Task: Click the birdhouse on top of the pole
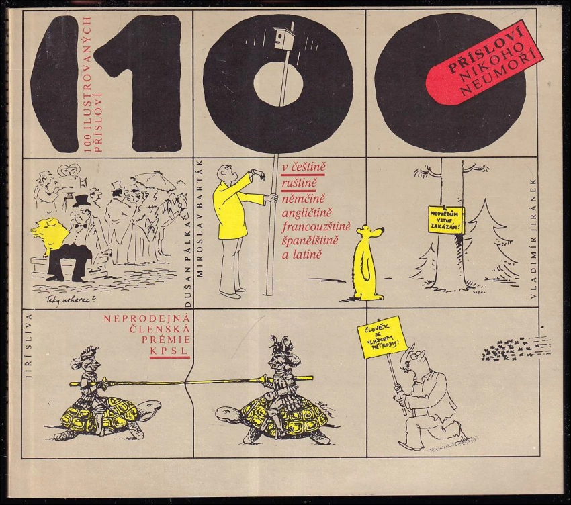(x=284, y=38)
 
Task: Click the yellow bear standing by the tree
(x=367, y=262)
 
